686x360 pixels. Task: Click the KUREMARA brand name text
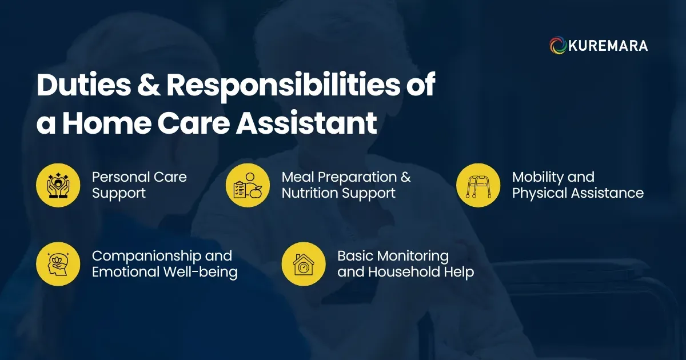[x=608, y=46]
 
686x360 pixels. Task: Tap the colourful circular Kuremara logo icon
[x=558, y=46]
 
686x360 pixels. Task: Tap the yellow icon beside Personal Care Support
[x=58, y=185]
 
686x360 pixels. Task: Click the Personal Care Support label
[x=139, y=185]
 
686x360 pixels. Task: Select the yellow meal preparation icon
[x=248, y=185]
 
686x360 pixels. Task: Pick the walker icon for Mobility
[x=478, y=185]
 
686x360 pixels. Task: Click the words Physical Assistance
[x=577, y=193]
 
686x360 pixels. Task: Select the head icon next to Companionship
[x=58, y=263]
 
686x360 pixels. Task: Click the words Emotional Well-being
[x=165, y=272]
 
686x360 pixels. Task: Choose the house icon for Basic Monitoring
[x=304, y=263]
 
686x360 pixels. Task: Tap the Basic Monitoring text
[x=393, y=255]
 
